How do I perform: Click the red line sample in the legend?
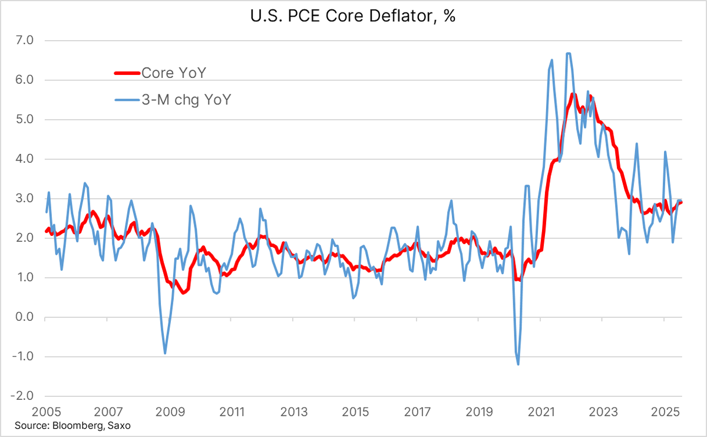click(127, 73)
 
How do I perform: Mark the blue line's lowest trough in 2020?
click(518, 364)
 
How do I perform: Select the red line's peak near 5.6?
click(573, 94)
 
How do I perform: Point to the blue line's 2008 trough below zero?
click(165, 353)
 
